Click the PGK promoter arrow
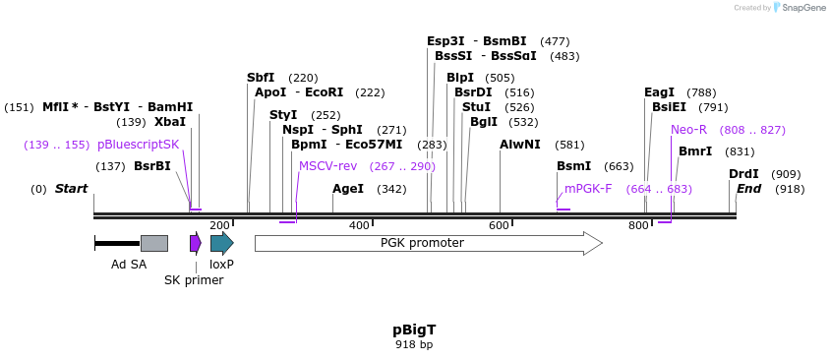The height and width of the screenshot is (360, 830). tap(428, 243)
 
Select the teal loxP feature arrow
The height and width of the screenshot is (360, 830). tap(221, 243)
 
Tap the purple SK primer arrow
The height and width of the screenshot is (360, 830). tap(195, 243)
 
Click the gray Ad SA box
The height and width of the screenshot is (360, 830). tap(154, 243)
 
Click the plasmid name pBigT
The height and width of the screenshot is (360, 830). tap(414, 330)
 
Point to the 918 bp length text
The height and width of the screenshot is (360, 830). tap(414, 345)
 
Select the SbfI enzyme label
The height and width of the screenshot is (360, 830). tap(261, 78)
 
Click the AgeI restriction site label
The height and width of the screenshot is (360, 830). tap(348, 189)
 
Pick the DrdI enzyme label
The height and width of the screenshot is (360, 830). tap(743, 174)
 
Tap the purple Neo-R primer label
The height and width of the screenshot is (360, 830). tap(688, 130)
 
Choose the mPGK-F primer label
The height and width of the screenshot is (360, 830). tap(588, 189)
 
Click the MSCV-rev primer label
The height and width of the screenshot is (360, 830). tap(327, 166)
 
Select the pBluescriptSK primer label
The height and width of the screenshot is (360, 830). tap(139, 145)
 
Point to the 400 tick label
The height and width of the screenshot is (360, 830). tap(360, 226)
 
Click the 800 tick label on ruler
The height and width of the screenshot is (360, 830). tap(638, 226)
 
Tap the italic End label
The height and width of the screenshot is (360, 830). tap(749, 189)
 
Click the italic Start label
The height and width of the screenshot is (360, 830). tap(71, 189)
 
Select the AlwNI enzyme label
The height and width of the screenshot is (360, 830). tap(519, 145)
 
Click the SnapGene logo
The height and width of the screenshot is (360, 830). tap(800, 8)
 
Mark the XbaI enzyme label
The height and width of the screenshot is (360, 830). tap(170, 122)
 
